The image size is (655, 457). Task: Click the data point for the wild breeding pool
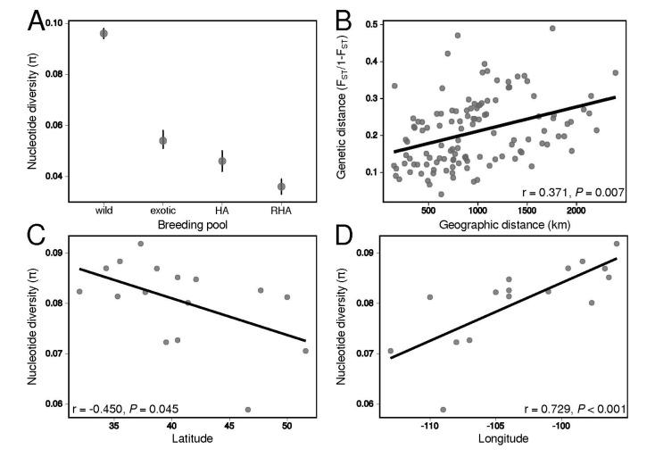(x=104, y=33)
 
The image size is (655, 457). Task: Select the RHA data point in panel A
(x=281, y=187)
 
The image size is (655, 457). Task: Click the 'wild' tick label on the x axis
(x=104, y=211)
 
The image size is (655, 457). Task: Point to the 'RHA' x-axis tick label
(x=281, y=211)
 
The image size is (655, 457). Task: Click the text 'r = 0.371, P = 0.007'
(x=568, y=192)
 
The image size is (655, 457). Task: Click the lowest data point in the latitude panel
(x=248, y=410)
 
